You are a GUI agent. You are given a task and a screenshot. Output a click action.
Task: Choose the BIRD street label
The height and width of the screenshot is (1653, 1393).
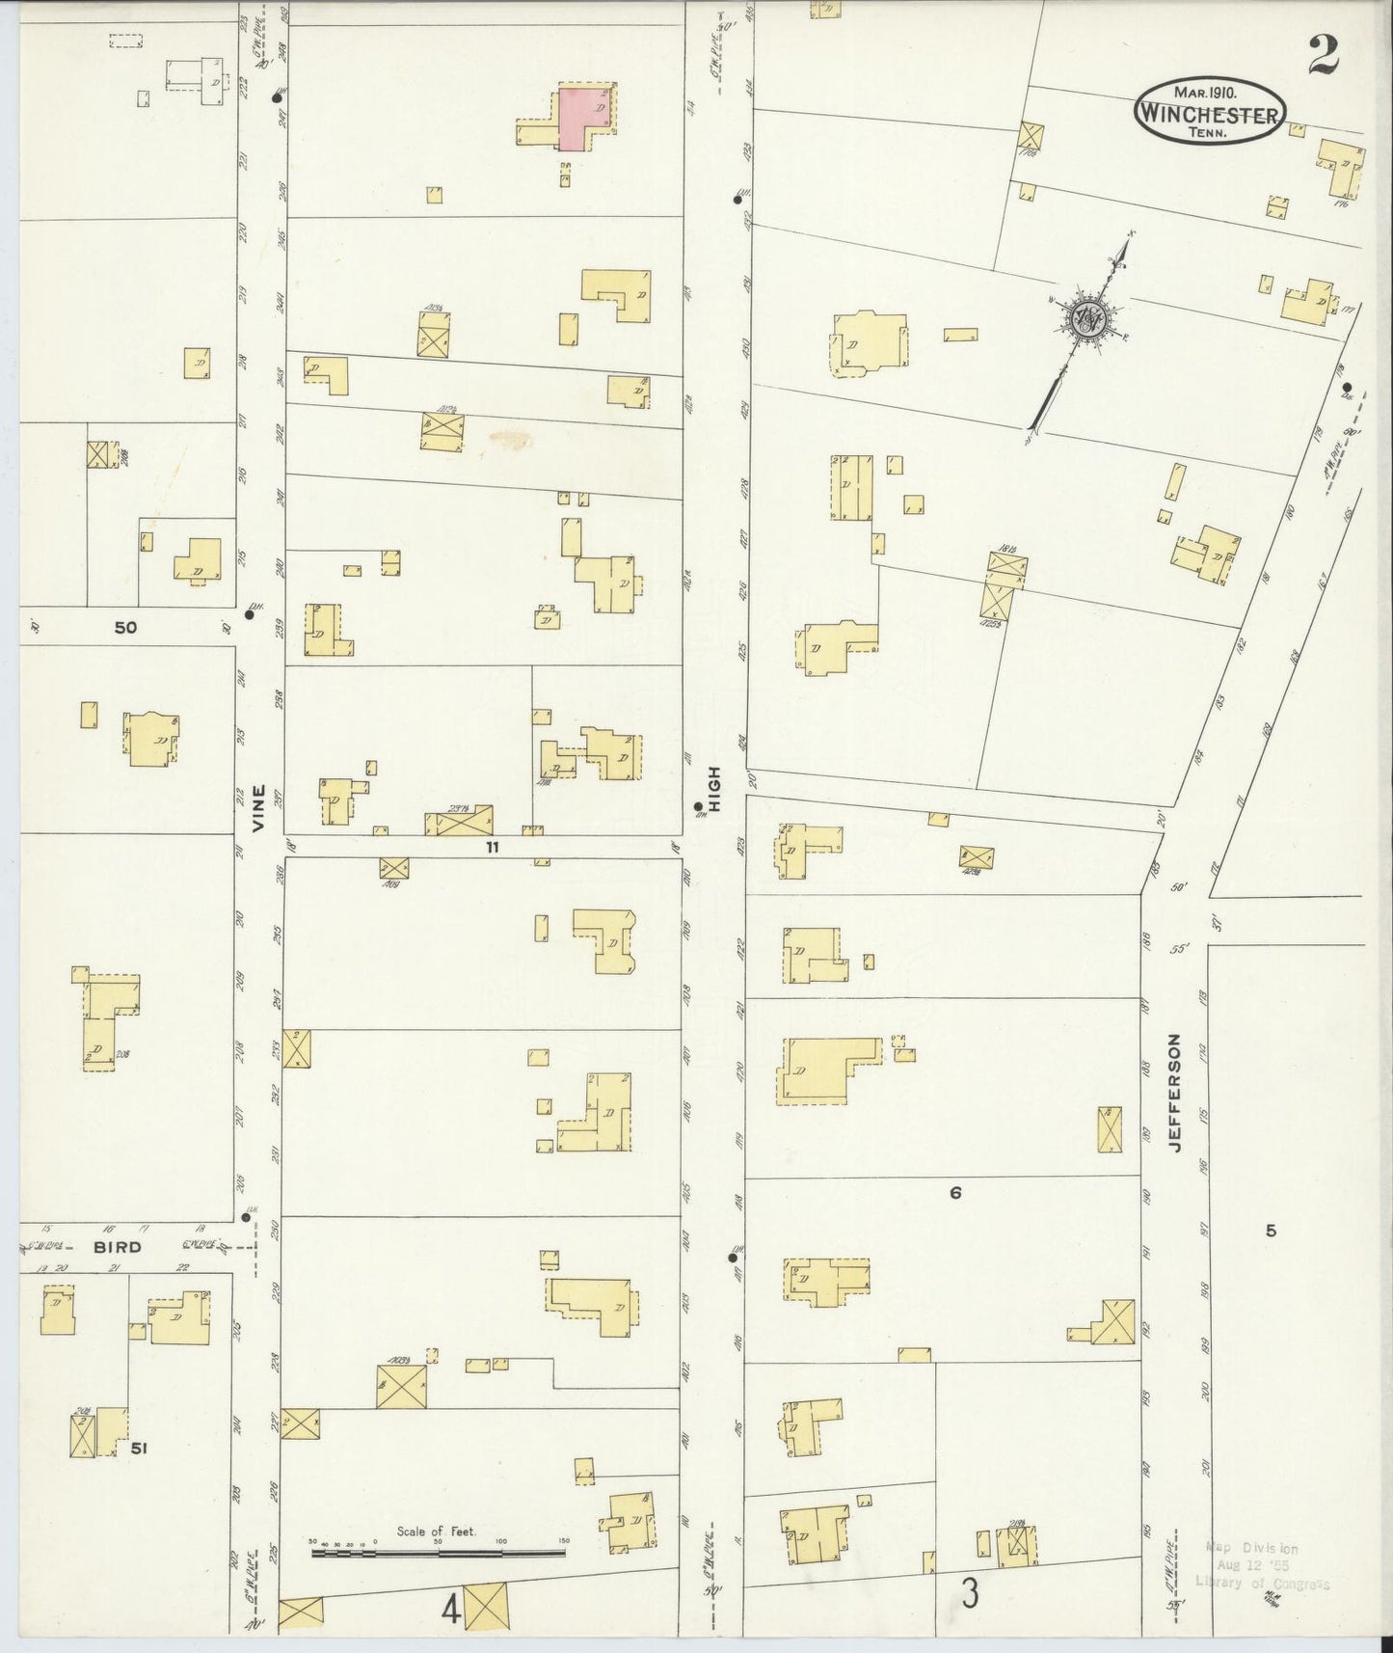pos(117,1247)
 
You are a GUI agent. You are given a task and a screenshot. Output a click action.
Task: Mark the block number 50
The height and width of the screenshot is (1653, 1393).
pos(125,628)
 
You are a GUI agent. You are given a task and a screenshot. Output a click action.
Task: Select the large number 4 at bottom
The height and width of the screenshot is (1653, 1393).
pos(449,1610)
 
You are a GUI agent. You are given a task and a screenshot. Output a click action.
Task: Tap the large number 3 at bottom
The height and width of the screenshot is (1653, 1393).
pos(969,1594)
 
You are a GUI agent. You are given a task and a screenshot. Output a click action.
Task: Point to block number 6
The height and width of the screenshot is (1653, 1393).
pos(955,1193)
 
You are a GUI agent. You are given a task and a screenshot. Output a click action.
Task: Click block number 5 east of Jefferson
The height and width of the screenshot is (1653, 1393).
pos(1271,1230)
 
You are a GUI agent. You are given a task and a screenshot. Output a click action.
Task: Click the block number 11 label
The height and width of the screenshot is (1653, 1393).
pos(493,848)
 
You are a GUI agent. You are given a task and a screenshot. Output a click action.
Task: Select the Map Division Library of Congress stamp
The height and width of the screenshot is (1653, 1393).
pos(1262,1564)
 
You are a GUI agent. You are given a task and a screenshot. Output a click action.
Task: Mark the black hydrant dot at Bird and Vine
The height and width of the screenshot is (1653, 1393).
pos(247,1218)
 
